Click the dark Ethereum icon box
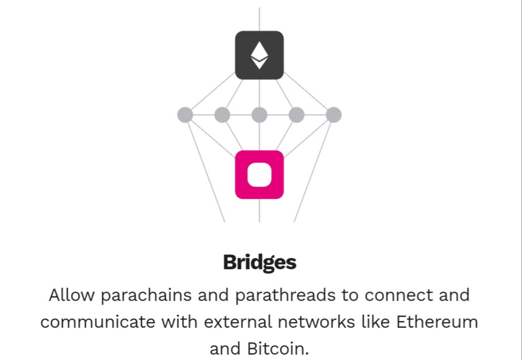259,55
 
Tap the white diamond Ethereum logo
259,55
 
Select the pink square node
259,175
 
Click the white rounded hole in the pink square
259,175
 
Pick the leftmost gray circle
185,115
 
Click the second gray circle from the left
222,115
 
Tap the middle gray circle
259,115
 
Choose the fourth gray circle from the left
297,115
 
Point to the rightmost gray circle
333,115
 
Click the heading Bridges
259,262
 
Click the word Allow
72,295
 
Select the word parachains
146,296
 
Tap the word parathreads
285,296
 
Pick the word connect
399,295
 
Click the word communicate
98,322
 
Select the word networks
316,322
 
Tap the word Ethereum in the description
437,322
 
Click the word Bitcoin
278,349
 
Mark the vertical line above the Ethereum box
259,19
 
